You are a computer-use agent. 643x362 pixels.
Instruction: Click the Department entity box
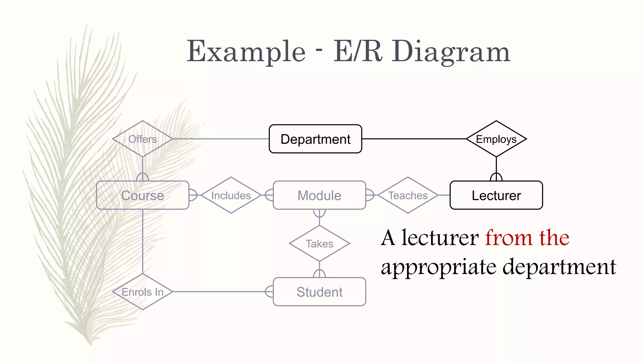click(315, 139)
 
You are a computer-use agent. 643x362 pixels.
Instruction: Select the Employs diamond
click(496, 139)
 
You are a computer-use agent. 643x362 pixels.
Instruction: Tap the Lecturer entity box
click(496, 195)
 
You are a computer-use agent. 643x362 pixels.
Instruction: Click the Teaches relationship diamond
click(408, 195)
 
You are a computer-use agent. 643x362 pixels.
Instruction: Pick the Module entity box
click(319, 195)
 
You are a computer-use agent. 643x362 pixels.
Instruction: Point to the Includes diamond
click(231, 195)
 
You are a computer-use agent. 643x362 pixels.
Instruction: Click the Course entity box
click(143, 195)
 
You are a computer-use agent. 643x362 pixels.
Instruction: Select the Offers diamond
click(143, 139)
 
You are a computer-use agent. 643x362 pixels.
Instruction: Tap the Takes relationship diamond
click(319, 244)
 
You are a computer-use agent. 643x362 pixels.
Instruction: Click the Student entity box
click(319, 292)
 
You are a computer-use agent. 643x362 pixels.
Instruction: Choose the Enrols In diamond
click(143, 292)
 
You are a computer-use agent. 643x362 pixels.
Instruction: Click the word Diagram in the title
click(451, 52)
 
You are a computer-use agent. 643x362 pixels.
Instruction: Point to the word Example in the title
click(246, 52)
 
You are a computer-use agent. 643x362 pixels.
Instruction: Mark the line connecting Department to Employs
click(414, 139)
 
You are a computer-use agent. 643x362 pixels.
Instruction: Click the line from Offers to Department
click(221, 139)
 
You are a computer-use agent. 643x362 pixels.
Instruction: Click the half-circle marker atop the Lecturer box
click(496, 177)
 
